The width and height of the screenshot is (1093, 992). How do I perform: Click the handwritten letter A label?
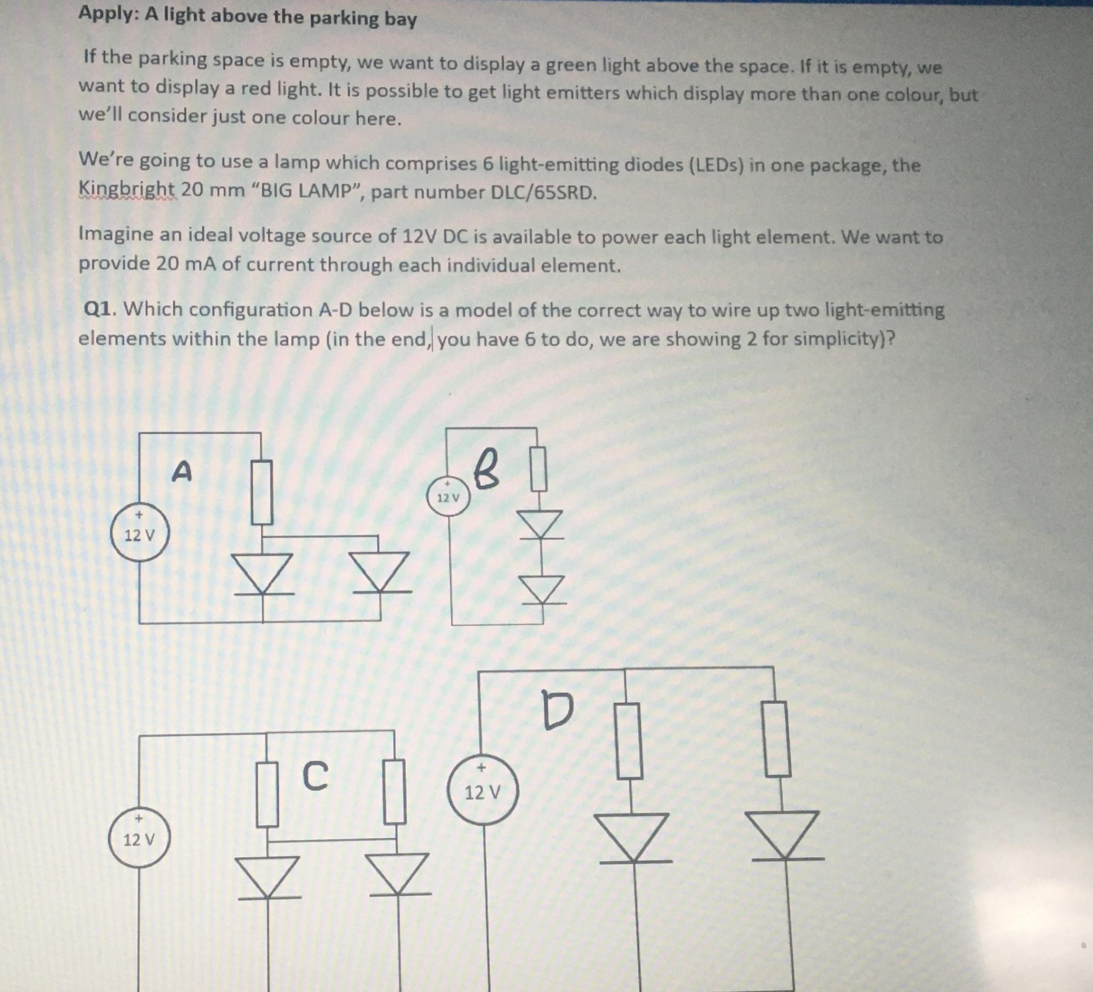click(x=181, y=471)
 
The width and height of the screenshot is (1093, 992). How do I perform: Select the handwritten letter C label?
click(x=315, y=776)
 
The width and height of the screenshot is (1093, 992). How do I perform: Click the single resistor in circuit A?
click(x=262, y=492)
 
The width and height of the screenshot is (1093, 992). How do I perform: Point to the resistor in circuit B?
click(x=538, y=469)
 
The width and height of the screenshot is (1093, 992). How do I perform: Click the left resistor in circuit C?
click(x=267, y=795)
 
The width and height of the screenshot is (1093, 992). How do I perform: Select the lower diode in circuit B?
click(x=542, y=590)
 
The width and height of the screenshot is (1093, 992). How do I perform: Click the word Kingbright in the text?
click(x=127, y=189)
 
